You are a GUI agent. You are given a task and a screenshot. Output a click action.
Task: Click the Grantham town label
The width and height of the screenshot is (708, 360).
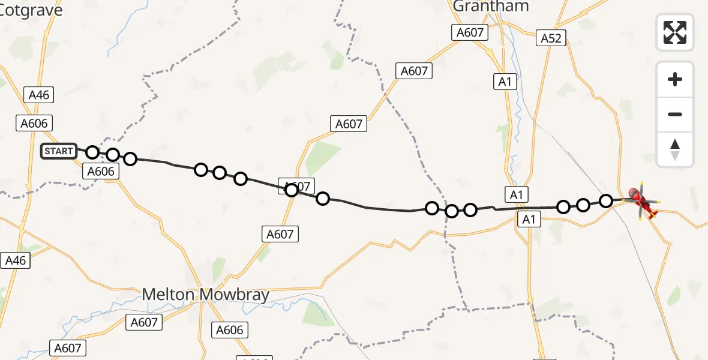tap(491, 7)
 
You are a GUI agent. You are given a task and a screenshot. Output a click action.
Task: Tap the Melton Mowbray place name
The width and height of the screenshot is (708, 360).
tap(206, 295)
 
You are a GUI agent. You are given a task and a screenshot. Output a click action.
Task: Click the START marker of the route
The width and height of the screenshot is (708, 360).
tap(59, 151)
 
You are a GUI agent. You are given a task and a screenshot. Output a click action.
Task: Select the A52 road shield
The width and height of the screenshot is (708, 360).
tap(551, 38)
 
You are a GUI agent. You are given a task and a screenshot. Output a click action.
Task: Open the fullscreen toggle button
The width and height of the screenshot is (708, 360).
tap(675, 32)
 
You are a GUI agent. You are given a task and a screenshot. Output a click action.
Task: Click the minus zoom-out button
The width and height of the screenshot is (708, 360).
tap(675, 114)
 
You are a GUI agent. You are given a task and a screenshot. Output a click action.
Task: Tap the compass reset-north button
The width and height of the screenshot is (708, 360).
tap(675, 149)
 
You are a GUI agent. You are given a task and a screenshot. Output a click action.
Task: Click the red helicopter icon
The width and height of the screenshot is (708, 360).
tap(641, 200)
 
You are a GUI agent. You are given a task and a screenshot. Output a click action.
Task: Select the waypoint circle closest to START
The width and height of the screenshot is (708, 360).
tap(92, 152)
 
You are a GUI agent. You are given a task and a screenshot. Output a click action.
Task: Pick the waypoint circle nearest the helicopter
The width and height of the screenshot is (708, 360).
tap(606, 200)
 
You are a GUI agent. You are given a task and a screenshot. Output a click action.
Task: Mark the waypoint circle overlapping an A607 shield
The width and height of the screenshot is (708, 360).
tap(292, 190)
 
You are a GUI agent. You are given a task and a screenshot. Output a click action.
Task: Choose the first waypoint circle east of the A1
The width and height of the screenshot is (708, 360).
tap(563, 207)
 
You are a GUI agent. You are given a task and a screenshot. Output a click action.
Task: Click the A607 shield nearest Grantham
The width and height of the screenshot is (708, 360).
tap(470, 32)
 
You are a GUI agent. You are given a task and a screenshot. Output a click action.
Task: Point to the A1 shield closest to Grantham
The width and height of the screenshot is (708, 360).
tap(505, 82)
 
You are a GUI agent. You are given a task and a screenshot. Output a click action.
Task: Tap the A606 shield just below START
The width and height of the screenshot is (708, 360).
tap(100, 172)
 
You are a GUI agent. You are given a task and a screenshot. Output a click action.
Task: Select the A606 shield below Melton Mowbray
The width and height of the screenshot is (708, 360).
tap(230, 329)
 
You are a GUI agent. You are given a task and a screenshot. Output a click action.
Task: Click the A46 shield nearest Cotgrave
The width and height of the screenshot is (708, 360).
tap(39, 94)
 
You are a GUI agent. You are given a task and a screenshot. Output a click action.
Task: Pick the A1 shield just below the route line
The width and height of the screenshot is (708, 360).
tap(529, 220)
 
